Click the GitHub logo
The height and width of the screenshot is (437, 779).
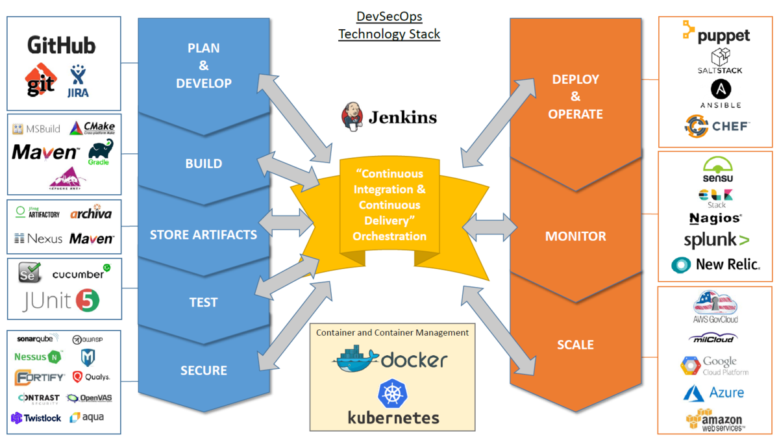pos(62,45)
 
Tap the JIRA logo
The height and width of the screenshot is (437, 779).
pos(79,81)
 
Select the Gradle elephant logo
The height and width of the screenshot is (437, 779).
pos(99,153)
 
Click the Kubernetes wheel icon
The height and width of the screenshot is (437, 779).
pos(393,393)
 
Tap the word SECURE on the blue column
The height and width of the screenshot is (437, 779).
pos(203,370)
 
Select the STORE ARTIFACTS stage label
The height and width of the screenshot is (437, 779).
pos(203,234)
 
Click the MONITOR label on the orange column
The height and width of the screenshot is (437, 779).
pos(575,236)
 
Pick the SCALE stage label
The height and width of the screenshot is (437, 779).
pos(575,345)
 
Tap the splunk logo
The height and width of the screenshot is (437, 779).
pos(716,240)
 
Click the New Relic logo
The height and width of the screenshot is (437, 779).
pos(715,264)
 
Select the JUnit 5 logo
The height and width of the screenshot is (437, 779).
pos(62,301)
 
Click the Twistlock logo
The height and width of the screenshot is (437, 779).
pos(36,418)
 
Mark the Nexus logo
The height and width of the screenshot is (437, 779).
pos(38,238)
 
